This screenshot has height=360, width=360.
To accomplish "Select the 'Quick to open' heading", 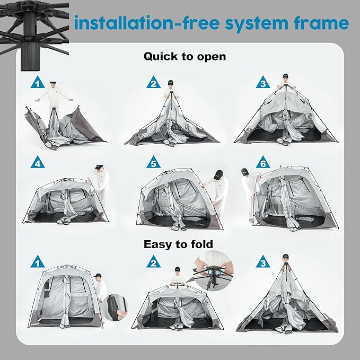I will (185, 56).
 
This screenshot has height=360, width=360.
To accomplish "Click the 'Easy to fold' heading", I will (178, 244).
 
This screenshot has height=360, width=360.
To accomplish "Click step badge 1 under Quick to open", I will (37, 83).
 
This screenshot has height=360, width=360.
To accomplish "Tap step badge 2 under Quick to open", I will (153, 83).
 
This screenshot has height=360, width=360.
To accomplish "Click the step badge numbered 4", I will (37, 163).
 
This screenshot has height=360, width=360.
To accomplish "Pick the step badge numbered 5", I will (153, 163).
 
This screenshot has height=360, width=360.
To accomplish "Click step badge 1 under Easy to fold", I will (37, 261).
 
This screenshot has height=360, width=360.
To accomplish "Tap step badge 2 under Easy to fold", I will (153, 261).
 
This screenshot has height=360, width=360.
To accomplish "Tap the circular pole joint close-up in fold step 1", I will (115, 307).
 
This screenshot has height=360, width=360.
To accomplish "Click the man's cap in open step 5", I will (217, 174).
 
